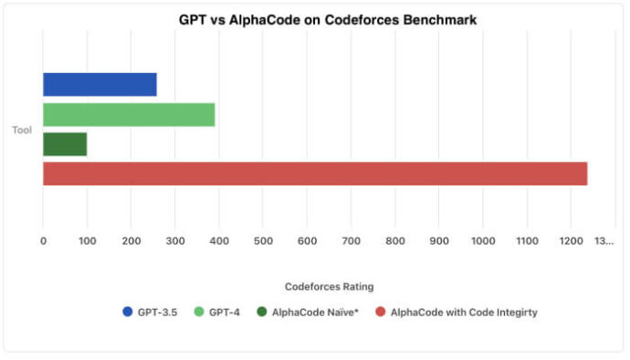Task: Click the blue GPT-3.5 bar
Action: tap(100, 84)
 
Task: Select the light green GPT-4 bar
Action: tap(129, 114)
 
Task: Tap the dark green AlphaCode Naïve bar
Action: tap(65, 144)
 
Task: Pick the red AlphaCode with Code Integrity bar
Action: tap(315, 174)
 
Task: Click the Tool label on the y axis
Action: tap(22, 130)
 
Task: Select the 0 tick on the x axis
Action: tap(43, 241)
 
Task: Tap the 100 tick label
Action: tap(87, 241)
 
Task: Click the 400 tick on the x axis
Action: tap(219, 241)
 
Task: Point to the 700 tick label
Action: tap(351, 241)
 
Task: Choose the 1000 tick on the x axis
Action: tap(483, 241)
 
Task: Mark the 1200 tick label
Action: tap(571, 241)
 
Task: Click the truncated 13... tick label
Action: tap(604, 241)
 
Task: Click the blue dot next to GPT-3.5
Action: tap(127, 312)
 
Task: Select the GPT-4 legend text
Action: tap(223, 312)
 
